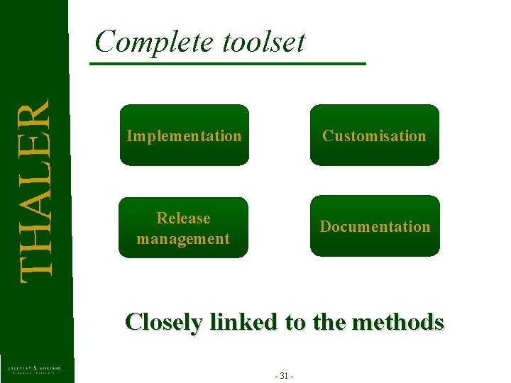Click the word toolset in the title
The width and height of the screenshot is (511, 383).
[263, 43]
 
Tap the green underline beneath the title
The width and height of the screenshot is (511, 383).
[227, 65]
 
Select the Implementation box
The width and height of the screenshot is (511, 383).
[184, 135]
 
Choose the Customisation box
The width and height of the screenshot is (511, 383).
[374, 135]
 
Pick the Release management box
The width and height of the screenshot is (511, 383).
[183, 228]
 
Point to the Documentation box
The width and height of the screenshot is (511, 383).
[375, 226]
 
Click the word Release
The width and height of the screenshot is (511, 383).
[183, 218]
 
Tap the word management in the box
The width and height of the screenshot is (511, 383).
[183, 238]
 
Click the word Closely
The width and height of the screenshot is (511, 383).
[163, 323]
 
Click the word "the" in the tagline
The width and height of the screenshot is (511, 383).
[329, 322]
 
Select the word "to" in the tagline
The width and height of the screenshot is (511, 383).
[297, 323]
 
